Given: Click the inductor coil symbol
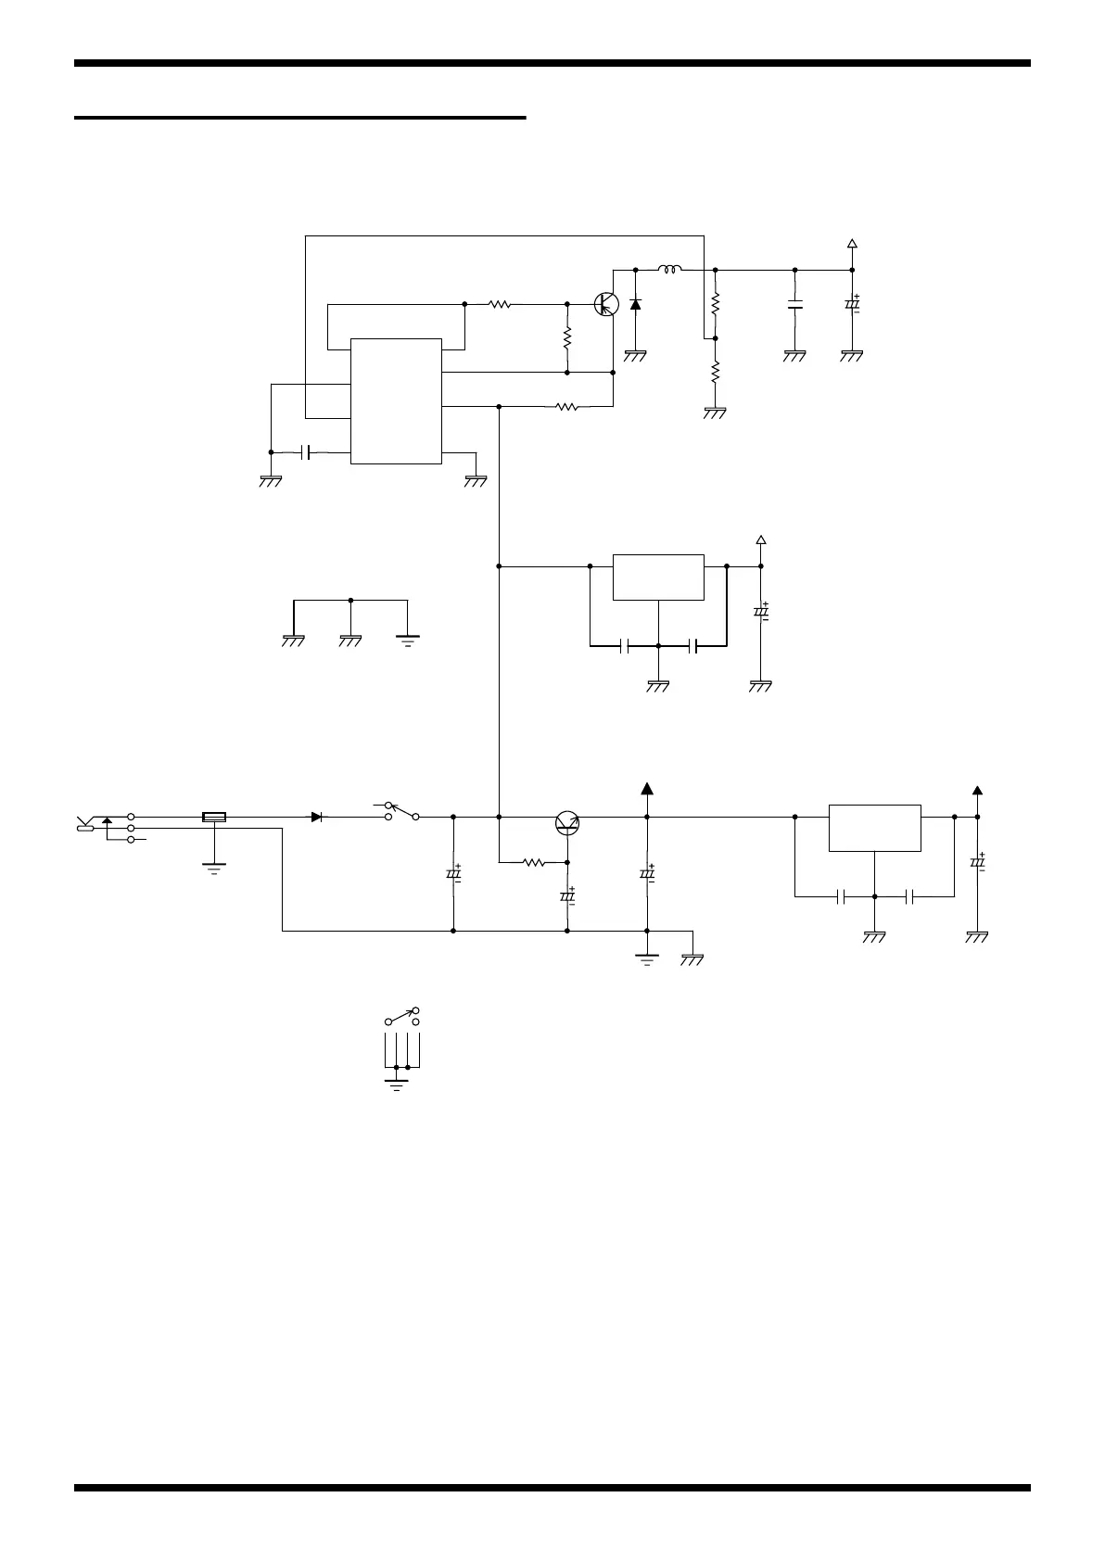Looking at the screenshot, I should (670, 270).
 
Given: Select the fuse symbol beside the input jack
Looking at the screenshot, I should (214, 817).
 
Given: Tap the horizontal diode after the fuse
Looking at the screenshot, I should (318, 817).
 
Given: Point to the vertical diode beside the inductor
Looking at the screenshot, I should (635, 303).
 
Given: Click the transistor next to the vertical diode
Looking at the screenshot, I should (606, 303).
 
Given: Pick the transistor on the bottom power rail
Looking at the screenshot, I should (567, 822).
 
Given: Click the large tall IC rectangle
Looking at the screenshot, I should (396, 400).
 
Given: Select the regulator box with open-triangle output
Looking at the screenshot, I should (658, 577).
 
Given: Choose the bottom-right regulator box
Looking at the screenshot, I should (874, 828).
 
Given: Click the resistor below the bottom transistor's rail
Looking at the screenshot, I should (533, 862).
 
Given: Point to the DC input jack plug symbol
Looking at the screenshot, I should (85, 824).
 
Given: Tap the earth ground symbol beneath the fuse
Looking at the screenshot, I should (214, 869).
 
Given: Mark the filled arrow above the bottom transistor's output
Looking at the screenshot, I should (646, 790).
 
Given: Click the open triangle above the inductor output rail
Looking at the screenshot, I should (852, 245).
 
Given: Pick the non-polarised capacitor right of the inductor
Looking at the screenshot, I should (794, 304).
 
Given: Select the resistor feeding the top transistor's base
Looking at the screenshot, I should (500, 303).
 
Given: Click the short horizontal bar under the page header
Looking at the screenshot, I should (299, 118).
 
